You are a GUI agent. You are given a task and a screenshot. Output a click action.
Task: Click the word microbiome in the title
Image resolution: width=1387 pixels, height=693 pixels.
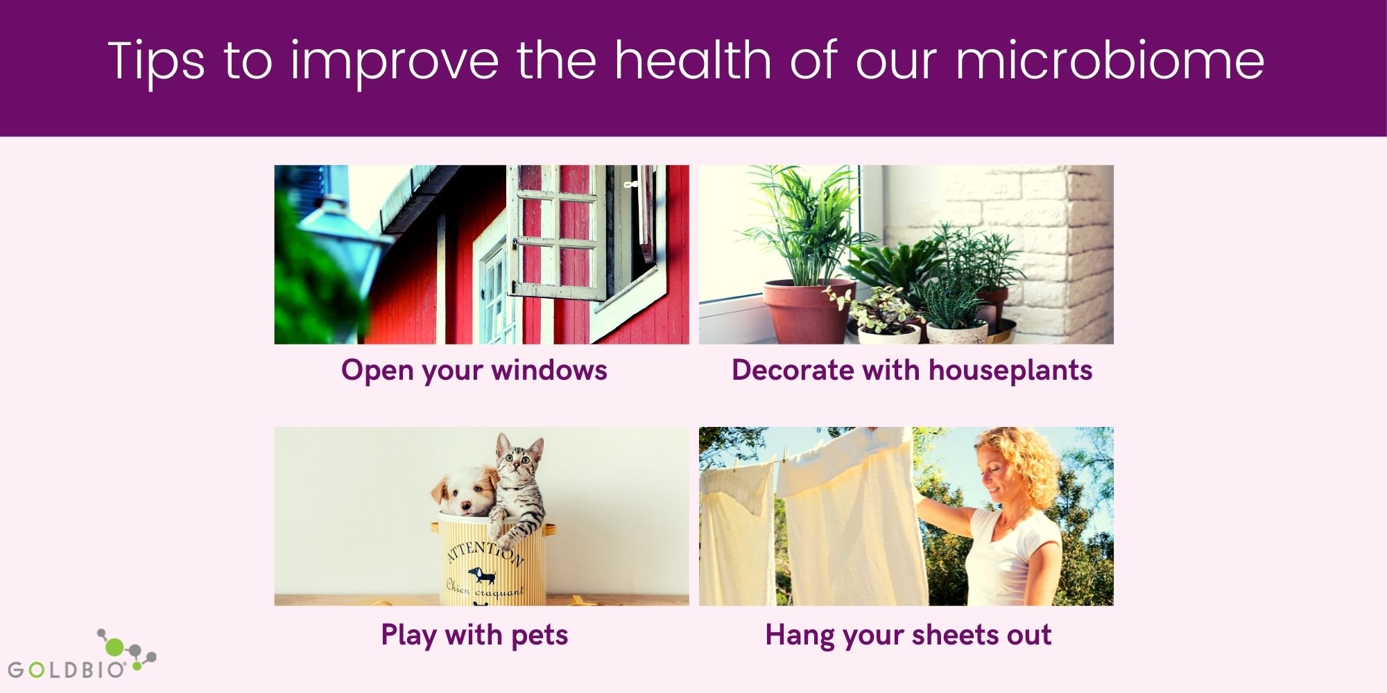1110,60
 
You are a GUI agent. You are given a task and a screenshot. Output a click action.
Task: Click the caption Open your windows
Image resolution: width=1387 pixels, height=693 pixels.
474,371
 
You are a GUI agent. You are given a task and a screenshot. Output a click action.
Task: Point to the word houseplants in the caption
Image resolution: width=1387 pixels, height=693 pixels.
1010,371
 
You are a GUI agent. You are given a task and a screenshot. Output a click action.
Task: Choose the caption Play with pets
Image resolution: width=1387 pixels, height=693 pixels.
474,635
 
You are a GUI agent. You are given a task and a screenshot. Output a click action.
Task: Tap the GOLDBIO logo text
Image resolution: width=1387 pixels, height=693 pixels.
67,669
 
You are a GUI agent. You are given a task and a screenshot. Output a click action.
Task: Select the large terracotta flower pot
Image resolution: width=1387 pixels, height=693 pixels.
808,311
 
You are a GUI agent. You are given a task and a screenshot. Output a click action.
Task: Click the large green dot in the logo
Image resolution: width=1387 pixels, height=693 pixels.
114,647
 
